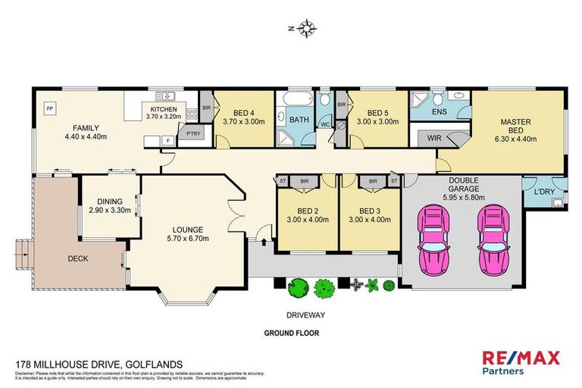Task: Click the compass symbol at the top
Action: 306,30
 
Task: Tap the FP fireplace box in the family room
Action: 49,106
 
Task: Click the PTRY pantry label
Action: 186,131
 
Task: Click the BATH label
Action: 299,119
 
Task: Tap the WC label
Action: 324,124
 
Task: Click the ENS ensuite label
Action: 438,112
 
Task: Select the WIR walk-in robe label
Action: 434,138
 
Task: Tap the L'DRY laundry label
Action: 543,192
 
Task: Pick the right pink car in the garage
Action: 493,239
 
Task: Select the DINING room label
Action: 110,201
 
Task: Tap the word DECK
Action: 77,258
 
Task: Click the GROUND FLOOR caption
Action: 291,332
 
